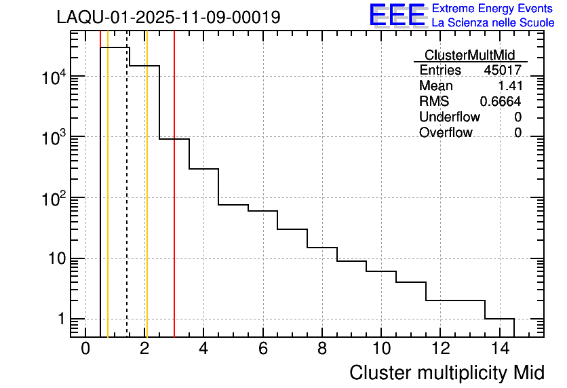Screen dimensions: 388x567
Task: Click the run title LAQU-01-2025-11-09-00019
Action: point(168,17)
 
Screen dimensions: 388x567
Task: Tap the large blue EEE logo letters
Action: point(398,16)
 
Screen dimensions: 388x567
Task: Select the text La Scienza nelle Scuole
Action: point(493,23)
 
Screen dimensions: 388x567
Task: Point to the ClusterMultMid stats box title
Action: point(469,55)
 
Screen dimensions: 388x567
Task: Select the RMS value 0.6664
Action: point(501,102)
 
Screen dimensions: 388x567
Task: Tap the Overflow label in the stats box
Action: point(446,133)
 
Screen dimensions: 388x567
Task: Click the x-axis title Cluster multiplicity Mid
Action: point(446,372)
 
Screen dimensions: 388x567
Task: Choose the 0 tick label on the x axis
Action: point(85,349)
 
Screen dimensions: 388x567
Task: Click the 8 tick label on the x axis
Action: point(322,349)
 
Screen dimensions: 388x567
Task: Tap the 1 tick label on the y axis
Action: point(61,319)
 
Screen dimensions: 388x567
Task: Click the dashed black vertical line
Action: point(127,203)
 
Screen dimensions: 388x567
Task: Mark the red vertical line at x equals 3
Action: point(174,203)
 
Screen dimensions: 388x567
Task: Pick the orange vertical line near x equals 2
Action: point(146,203)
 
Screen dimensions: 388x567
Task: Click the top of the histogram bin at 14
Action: point(499,319)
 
